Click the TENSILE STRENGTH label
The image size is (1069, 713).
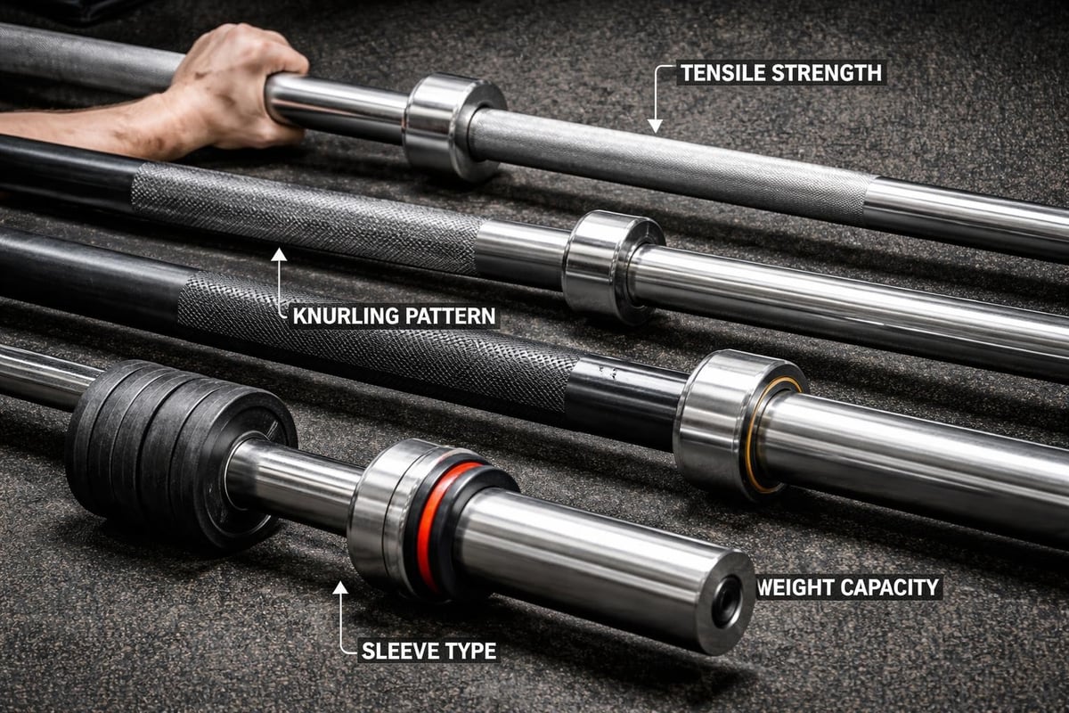pos(780,73)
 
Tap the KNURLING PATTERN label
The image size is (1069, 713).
pos(393,316)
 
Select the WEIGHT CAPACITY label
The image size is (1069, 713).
pos(848,587)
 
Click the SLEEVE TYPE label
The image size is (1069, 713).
pos(428,651)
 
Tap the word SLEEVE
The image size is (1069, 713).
pos(394,651)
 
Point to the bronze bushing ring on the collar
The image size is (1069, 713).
pos(757,437)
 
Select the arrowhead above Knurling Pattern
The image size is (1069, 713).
pos(279,256)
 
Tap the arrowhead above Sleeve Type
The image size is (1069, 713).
pos(340,588)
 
